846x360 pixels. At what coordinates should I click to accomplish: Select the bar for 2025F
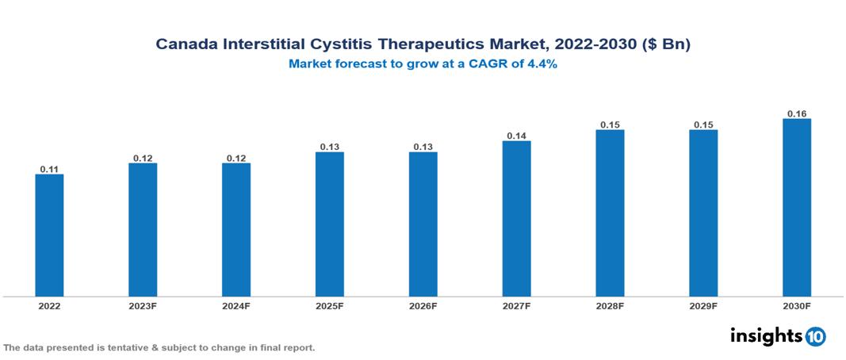[329, 224]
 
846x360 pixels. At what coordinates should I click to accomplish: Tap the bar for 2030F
[796, 208]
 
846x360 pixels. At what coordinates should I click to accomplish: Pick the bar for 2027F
[516, 219]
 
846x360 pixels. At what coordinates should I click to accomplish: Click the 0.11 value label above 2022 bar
[49, 169]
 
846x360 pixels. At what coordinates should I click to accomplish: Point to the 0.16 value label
[796, 113]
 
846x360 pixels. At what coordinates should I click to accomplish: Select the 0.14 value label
[516, 136]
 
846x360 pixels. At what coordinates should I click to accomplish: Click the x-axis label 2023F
[143, 306]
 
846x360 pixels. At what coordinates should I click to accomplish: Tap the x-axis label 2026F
[423, 306]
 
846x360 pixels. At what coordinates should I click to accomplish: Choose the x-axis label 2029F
[702, 306]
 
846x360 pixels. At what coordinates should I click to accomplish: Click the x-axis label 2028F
[610, 306]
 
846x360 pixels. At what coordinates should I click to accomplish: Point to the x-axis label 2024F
[236, 306]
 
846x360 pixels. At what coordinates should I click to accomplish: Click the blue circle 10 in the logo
[815, 336]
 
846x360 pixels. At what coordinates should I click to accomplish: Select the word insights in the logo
[766, 335]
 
